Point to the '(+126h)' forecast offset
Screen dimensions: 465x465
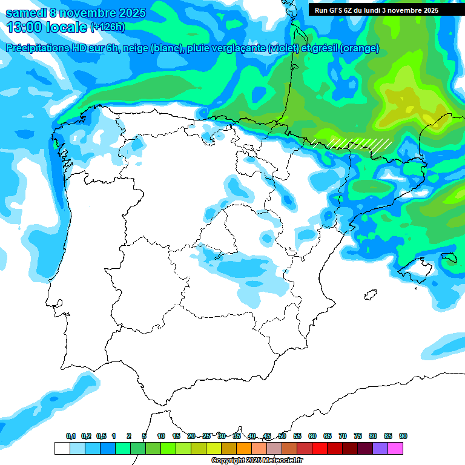(x=107, y=27)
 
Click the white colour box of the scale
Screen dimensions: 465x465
(x=62, y=448)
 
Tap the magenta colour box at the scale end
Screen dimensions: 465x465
(x=395, y=448)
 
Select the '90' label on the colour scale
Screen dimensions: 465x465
(x=403, y=436)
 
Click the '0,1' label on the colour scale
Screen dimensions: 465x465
(x=71, y=436)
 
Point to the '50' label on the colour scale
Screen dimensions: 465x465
(x=282, y=436)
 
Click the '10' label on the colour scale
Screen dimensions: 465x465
(x=161, y=436)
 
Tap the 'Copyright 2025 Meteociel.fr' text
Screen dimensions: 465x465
(x=257, y=461)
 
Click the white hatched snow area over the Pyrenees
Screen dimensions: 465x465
(x=360, y=144)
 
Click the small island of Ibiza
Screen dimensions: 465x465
(x=370, y=295)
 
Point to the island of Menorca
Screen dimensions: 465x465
(x=449, y=259)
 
